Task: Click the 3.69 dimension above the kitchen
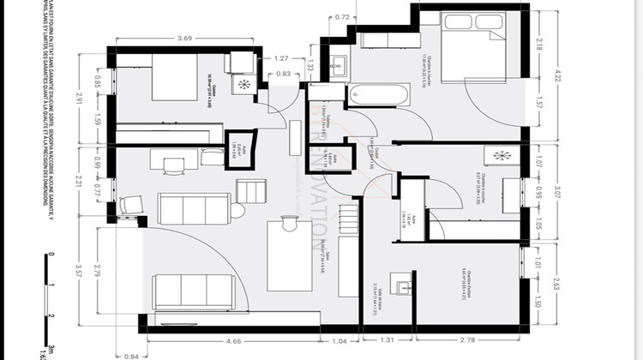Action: point(183,38)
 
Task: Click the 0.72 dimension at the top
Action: point(342,16)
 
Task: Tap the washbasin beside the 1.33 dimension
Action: point(339,63)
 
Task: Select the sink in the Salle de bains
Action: point(400,285)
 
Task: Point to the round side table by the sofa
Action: point(237,209)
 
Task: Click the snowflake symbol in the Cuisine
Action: point(245,84)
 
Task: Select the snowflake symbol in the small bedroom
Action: point(502,155)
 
